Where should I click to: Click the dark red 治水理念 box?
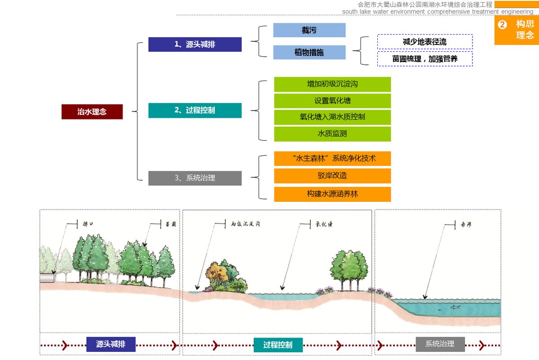click(92, 111)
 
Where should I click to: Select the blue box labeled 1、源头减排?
click(195, 44)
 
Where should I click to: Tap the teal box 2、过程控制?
click(195, 110)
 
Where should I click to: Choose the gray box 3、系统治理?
click(195, 178)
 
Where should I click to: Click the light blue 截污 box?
click(309, 30)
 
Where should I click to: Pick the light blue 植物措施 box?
click(309, 52)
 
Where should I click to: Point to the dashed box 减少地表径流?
click(425, 42)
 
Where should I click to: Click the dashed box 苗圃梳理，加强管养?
click(425, 59)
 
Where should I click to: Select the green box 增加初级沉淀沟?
click(332, 84)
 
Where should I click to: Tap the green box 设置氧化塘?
click(332, 101)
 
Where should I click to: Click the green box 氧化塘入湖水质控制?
click(332, 117)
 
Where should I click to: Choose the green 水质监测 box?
click(332, 133)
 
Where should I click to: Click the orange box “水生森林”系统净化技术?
click(332, 158)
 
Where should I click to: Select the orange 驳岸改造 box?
click(332, 175)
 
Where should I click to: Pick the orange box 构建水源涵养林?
click(332, 194)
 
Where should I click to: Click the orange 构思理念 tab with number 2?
click(517, 30)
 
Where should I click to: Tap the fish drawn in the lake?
click(455, 307)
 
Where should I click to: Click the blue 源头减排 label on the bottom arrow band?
click(110, 344)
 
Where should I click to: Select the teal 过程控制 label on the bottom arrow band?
click(278, 345)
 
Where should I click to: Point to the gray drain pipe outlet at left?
click(47, 278)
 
